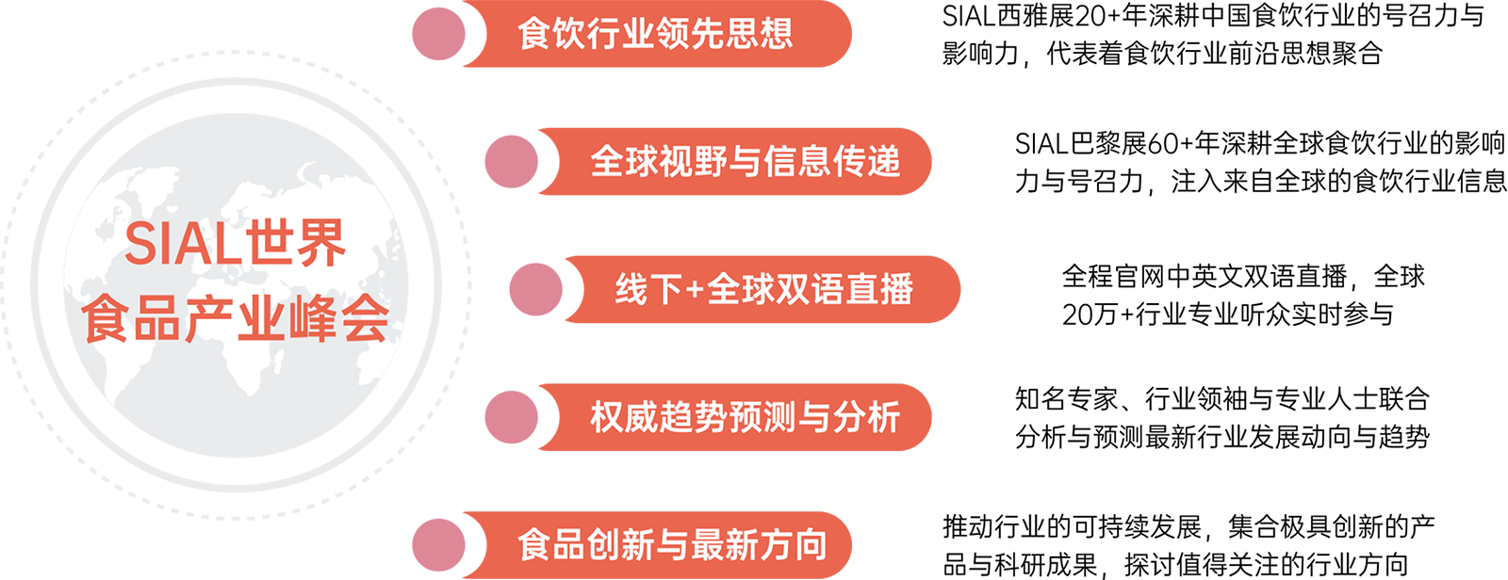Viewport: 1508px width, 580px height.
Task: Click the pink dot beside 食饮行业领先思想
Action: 438,34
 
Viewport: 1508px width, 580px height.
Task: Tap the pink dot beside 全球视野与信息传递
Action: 511,162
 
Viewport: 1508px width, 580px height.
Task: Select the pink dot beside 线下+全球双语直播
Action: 535,289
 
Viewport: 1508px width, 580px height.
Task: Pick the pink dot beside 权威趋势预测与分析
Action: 511,417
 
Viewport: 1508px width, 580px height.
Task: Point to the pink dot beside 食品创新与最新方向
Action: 438,545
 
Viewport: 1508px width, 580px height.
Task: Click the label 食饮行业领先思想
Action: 655,34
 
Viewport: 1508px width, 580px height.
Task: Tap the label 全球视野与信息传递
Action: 745,162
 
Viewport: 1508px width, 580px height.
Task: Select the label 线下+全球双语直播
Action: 763,289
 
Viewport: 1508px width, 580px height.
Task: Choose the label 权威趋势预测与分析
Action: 745,417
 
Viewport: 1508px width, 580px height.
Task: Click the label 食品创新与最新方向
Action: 671,545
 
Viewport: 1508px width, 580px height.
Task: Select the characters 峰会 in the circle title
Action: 340,320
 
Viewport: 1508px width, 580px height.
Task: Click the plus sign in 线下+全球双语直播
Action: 694,290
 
